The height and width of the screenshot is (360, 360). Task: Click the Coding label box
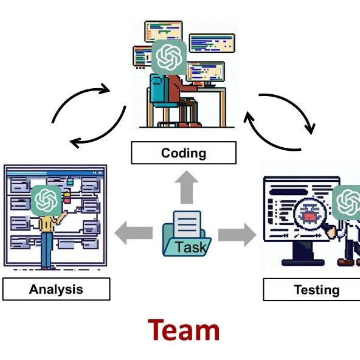(184, 153)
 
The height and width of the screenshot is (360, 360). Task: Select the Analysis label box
(56, 289)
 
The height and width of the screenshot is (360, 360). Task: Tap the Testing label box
(311, 289)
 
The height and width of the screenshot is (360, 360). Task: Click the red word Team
(184, 330)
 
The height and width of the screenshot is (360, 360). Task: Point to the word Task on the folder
(191, 247)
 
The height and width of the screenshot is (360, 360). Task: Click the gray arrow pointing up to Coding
(187, 187)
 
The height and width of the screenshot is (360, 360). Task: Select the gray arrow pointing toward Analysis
(134, 233)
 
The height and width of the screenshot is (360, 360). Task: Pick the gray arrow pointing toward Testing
(237, 235)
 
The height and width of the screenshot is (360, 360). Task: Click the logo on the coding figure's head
(169, 57)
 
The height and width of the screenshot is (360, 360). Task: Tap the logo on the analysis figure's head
(46, 200)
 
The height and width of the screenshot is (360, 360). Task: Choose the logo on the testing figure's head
(346, 202)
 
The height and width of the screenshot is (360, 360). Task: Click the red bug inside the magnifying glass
(309, 216)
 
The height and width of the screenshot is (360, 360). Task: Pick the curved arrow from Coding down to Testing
(296, 106)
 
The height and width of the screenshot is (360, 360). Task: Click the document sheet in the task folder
(187, 224)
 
